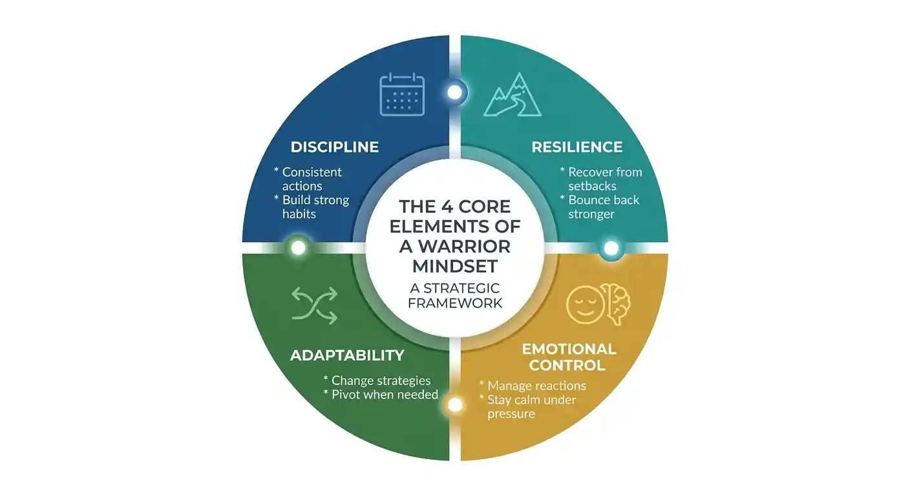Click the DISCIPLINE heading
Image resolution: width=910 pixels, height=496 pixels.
click(x=334, y=147)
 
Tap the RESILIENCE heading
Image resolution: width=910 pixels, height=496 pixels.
click(x=577, y=147)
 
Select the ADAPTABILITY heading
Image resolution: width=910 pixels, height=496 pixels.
click(x=347, y=355)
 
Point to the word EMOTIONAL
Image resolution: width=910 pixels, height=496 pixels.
click(x=569, y=349)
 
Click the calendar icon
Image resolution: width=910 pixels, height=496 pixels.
click(x=402, y=94)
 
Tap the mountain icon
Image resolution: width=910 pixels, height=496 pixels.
click(x=513, y=94)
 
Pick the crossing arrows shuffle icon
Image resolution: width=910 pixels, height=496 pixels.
click(x=315, y=305)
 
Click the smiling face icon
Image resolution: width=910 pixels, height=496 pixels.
click(x=585, y=305)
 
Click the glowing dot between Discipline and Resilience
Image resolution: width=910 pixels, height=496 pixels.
click(x=455, y=92)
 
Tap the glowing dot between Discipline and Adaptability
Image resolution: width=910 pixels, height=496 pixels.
click(x=298, y=247)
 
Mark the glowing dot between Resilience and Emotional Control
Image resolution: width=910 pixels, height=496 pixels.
click(x=611, y=248)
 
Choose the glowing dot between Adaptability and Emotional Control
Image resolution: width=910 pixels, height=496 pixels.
click(x=455, y=404)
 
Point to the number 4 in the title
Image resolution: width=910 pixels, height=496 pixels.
click(x=447, y=207)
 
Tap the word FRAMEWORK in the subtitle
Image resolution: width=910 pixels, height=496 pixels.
click(x=455, y=303)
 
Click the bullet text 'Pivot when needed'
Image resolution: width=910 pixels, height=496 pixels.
click(x=385, y=395)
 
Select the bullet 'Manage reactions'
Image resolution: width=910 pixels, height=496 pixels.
click(x=536, y=386)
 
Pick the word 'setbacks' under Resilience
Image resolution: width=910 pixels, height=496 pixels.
click(x=592, y=186)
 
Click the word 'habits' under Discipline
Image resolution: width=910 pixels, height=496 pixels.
click(x=299, y=214)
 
